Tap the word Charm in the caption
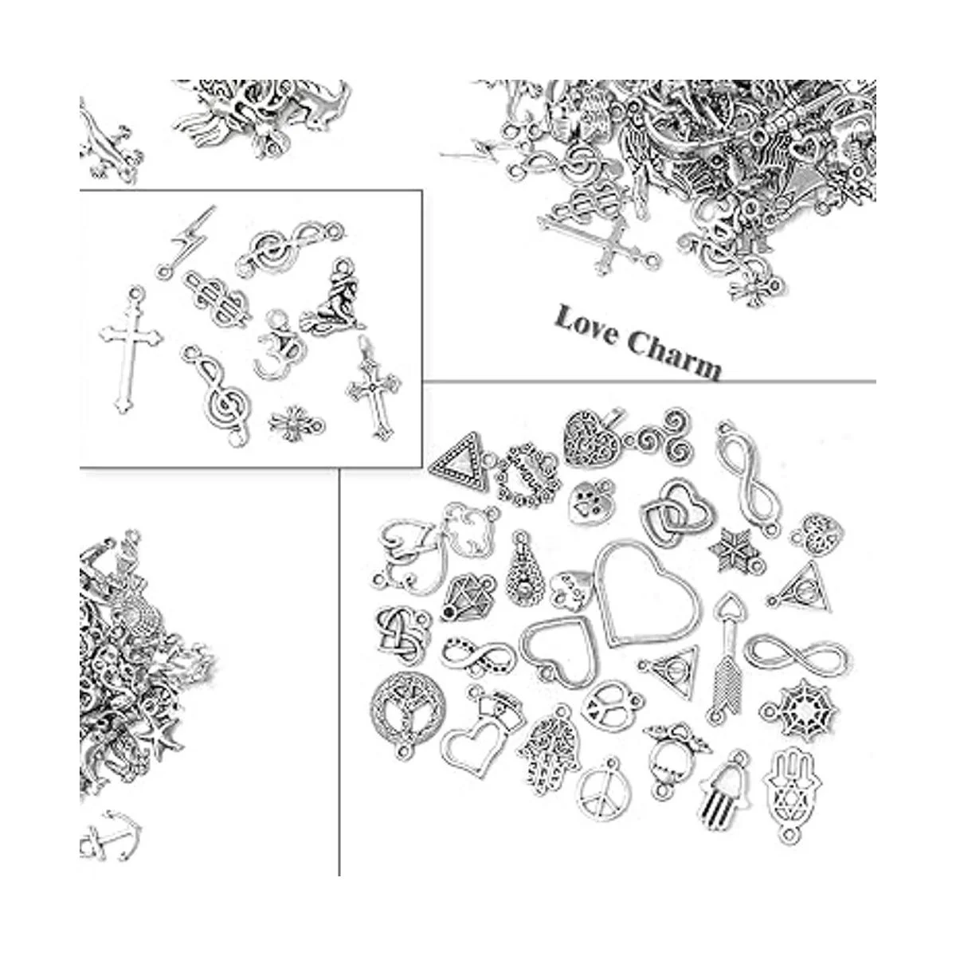(673, 355)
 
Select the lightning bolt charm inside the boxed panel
(186, 241)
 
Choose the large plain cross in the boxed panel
(131, 349)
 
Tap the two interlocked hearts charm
(677, 514)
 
